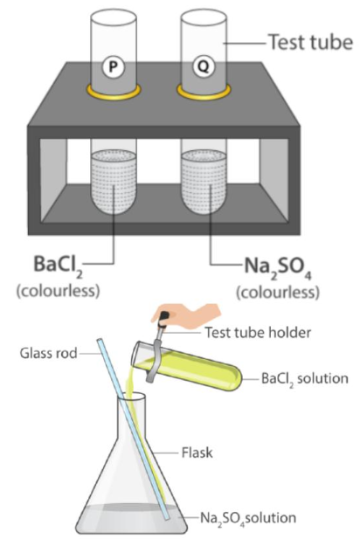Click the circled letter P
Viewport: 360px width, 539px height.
113,66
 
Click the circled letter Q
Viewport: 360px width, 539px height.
204,66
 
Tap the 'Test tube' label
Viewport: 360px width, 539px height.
310,43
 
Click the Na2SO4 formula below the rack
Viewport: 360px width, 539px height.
278,266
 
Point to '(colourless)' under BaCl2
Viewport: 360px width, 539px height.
59,291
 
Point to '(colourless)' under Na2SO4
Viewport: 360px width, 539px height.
278,293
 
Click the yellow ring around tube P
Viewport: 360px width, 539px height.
114,92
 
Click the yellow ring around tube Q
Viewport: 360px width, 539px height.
204,92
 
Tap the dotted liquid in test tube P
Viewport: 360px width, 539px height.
114,183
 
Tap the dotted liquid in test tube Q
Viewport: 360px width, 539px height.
204,183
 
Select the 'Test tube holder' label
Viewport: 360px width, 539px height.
259,333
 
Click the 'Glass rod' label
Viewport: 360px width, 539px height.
48,353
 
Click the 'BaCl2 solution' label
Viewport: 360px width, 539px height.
305,379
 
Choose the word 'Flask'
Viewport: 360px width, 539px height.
197,453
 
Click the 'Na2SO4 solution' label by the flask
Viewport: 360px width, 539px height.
248,518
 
